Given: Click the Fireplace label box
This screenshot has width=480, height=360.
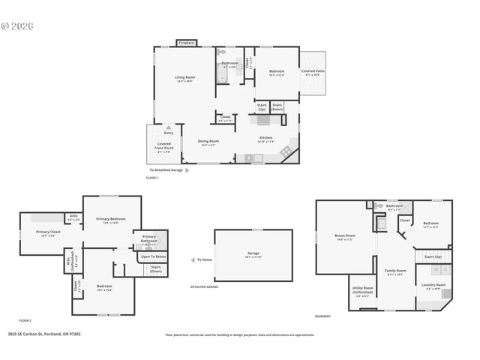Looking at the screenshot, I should click(186, 43).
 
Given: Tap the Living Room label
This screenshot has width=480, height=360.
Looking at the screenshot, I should click(184, 79).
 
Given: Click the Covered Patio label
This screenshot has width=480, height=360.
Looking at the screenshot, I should click(313, 73).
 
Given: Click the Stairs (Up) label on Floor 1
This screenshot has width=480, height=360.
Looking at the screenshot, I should click(262, 107).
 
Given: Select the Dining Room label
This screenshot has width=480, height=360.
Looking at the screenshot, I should click(208, 142).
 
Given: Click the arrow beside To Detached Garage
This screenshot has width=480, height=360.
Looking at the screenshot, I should click(188, 170).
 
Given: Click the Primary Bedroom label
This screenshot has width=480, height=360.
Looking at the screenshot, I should click(110, 220).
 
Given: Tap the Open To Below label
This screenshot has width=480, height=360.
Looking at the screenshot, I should click(153, 256).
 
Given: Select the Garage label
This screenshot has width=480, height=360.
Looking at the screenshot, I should click(253, 254).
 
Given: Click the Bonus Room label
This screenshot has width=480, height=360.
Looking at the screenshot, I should click(345, 237).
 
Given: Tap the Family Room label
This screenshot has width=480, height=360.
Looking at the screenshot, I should click(395, 271).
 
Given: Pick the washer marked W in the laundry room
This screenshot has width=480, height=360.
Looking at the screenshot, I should click(436, 269).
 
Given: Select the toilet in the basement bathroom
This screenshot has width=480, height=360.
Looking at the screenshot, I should click(379, 205).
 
